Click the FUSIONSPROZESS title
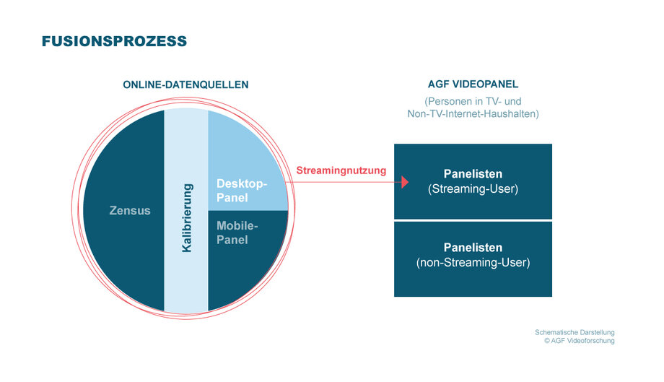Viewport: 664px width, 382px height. point(114,41)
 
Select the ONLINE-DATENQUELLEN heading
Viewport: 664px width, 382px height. point(185,84)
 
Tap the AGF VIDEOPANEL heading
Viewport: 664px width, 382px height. point(473,84)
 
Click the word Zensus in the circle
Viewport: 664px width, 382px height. point(130,210)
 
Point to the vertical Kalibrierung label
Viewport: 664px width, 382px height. point(187,217)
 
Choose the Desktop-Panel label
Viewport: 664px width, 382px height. point(241,191)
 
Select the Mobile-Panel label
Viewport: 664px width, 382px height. point(237,233)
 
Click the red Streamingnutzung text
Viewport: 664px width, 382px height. point(341,170)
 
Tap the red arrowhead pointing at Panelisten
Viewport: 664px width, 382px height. point(406,182)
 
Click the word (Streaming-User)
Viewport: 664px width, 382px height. point(473,189)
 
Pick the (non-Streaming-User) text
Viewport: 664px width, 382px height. point(473,263)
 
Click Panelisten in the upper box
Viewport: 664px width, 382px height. point(473,173)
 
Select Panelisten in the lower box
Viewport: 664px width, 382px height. point(473,248)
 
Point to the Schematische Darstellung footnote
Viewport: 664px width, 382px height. point(575,332)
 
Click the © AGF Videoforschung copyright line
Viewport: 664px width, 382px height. point(580,341)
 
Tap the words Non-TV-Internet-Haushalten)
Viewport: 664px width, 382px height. point(473,113)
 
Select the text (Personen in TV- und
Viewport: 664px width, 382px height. point(473,102)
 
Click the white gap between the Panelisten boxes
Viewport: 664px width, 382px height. point(473,220)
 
